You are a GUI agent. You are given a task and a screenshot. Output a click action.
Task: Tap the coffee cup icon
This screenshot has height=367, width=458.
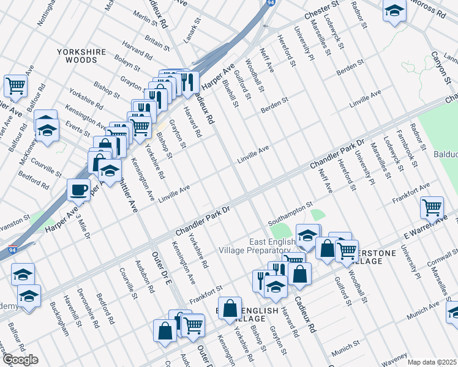[78, 190]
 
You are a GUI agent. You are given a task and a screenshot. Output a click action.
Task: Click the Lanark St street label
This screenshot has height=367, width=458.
[197, 29]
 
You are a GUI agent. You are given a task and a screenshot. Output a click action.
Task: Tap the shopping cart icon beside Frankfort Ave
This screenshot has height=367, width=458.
[432, 208]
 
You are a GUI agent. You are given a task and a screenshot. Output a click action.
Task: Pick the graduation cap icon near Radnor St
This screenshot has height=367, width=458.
[395, 10]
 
